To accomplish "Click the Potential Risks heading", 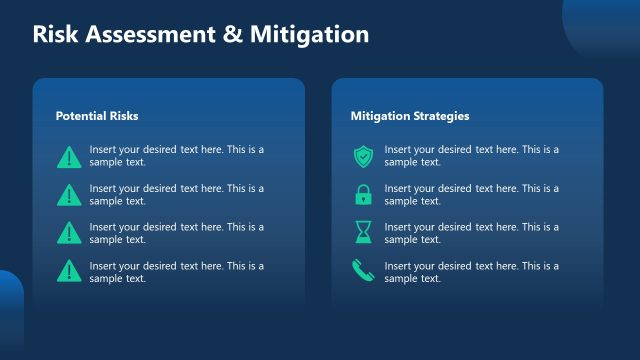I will pos(97,116).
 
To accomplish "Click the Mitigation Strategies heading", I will pos(410,116).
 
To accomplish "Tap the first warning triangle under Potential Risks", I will pos(69,156).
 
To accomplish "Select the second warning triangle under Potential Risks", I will pos(69,194).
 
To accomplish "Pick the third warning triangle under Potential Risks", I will pos(69,232).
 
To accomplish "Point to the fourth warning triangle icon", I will pos(69,270).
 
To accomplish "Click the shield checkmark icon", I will pos(363,156).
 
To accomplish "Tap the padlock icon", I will pos(363,194).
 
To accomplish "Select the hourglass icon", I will pos(363,232).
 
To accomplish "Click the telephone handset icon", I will pos(363,270).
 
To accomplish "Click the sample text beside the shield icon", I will pos(471,156).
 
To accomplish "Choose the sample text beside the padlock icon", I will pos(471,194).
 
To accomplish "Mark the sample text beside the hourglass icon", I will pos(471,232).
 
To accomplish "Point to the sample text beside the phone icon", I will pos(471,271).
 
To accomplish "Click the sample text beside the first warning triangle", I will pos(176,156).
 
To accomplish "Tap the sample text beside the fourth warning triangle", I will pos(176,271).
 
